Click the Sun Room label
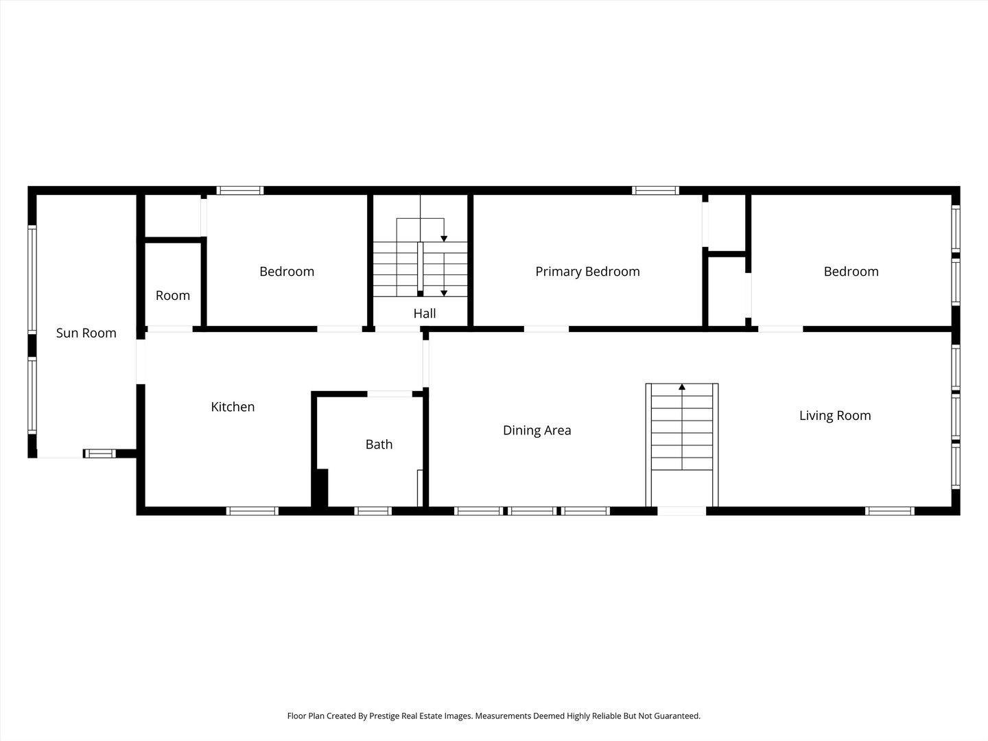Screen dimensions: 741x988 click(86, 333)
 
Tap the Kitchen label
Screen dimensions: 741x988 click(233, 407)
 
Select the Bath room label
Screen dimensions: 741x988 click(379, 445)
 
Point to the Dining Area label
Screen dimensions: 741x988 click(537, 430)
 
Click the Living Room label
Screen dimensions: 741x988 click(834, 415)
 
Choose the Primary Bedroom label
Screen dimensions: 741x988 click(587, 272)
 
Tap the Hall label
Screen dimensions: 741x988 click(424, 314)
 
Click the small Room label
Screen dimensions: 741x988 click(172, 296)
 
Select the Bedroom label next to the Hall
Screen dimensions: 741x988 click(287, 272)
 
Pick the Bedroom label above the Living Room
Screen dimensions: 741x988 click(851, 272)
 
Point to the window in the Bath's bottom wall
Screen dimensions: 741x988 click(373, 511)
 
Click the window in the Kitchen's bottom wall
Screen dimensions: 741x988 click(252, 511)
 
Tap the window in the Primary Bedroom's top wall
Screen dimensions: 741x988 click(655, 191)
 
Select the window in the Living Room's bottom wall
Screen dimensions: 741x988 click(889, 511)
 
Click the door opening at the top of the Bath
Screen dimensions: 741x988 click(390, 394)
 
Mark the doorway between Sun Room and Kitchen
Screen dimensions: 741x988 click(141, 362)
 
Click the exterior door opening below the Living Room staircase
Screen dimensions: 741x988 click(681, 511)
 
